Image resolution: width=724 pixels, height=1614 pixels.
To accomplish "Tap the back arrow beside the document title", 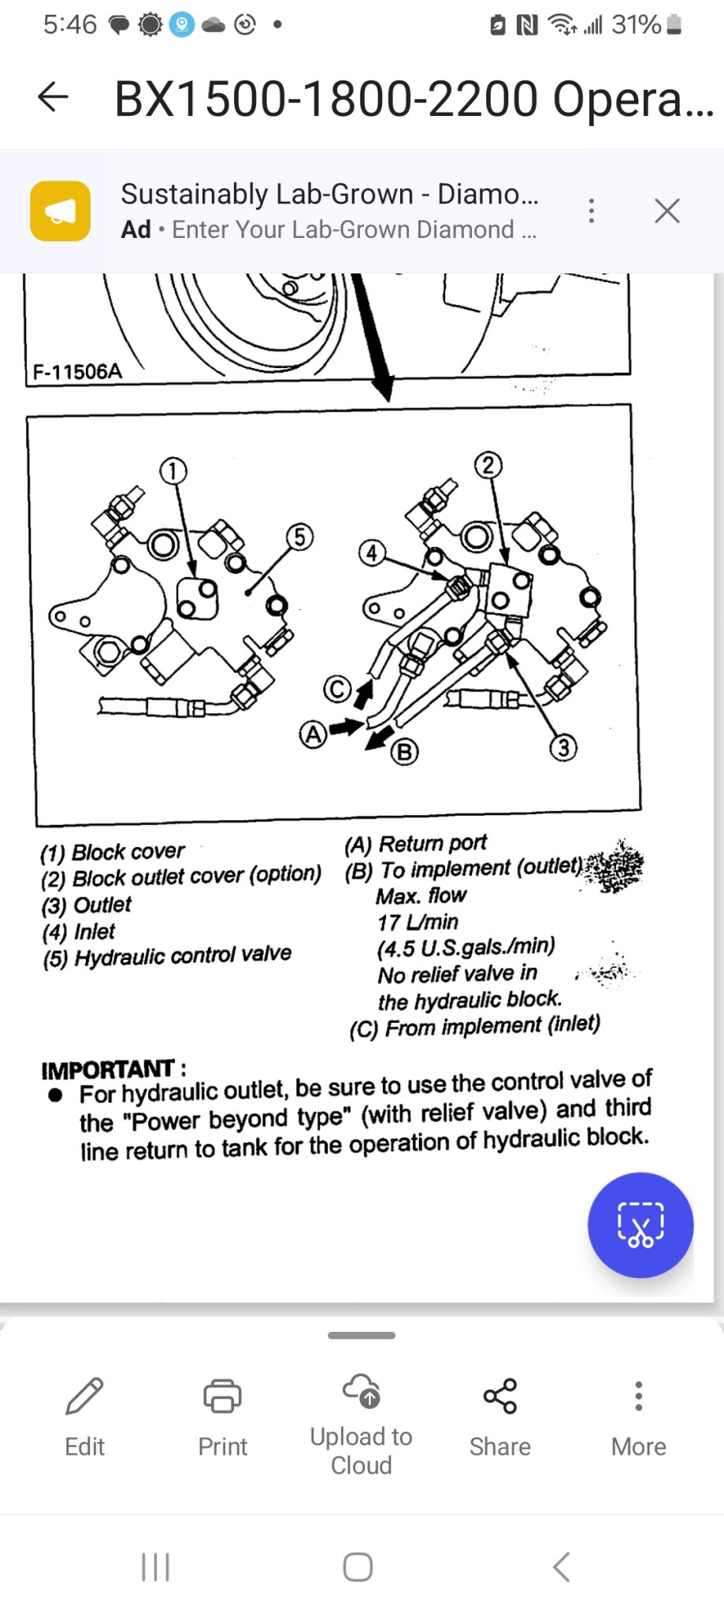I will coord(53,97).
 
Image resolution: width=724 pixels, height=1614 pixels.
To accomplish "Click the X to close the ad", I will coord(666,210).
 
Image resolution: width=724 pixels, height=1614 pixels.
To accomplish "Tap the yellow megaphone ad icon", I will coord(61,210).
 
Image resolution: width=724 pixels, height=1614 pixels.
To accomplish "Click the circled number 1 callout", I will coord(173,471).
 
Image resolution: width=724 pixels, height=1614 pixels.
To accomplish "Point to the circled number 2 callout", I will coord(488,465).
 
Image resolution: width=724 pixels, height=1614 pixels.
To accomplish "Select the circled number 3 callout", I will coord(562,747).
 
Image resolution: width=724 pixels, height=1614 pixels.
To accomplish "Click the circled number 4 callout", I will coord(371,552).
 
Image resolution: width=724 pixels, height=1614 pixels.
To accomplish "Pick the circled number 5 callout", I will coord(299,537).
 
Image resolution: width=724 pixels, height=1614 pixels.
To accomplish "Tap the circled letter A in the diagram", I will coord(313,734).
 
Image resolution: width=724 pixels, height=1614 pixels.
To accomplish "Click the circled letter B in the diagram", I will coord(404,752).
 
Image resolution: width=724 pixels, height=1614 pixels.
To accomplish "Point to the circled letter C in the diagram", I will coord(337,690).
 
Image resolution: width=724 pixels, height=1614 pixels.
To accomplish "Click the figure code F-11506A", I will coord(77,371).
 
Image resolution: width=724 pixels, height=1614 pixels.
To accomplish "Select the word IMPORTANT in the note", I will coord(108,1069).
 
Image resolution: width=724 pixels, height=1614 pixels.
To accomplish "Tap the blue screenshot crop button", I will coord(640,1225).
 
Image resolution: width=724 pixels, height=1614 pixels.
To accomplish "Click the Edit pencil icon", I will coord(84,1396).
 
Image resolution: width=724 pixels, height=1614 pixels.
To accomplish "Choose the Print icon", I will coord(222,1396).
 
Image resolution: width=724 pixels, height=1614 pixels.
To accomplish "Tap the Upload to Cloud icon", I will coord(362,1391).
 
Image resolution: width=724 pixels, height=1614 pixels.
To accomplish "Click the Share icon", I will coord(499,1396).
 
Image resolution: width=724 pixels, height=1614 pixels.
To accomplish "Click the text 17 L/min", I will coord(418,922).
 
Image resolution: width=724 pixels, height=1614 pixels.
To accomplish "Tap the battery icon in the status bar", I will coord(674,25).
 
